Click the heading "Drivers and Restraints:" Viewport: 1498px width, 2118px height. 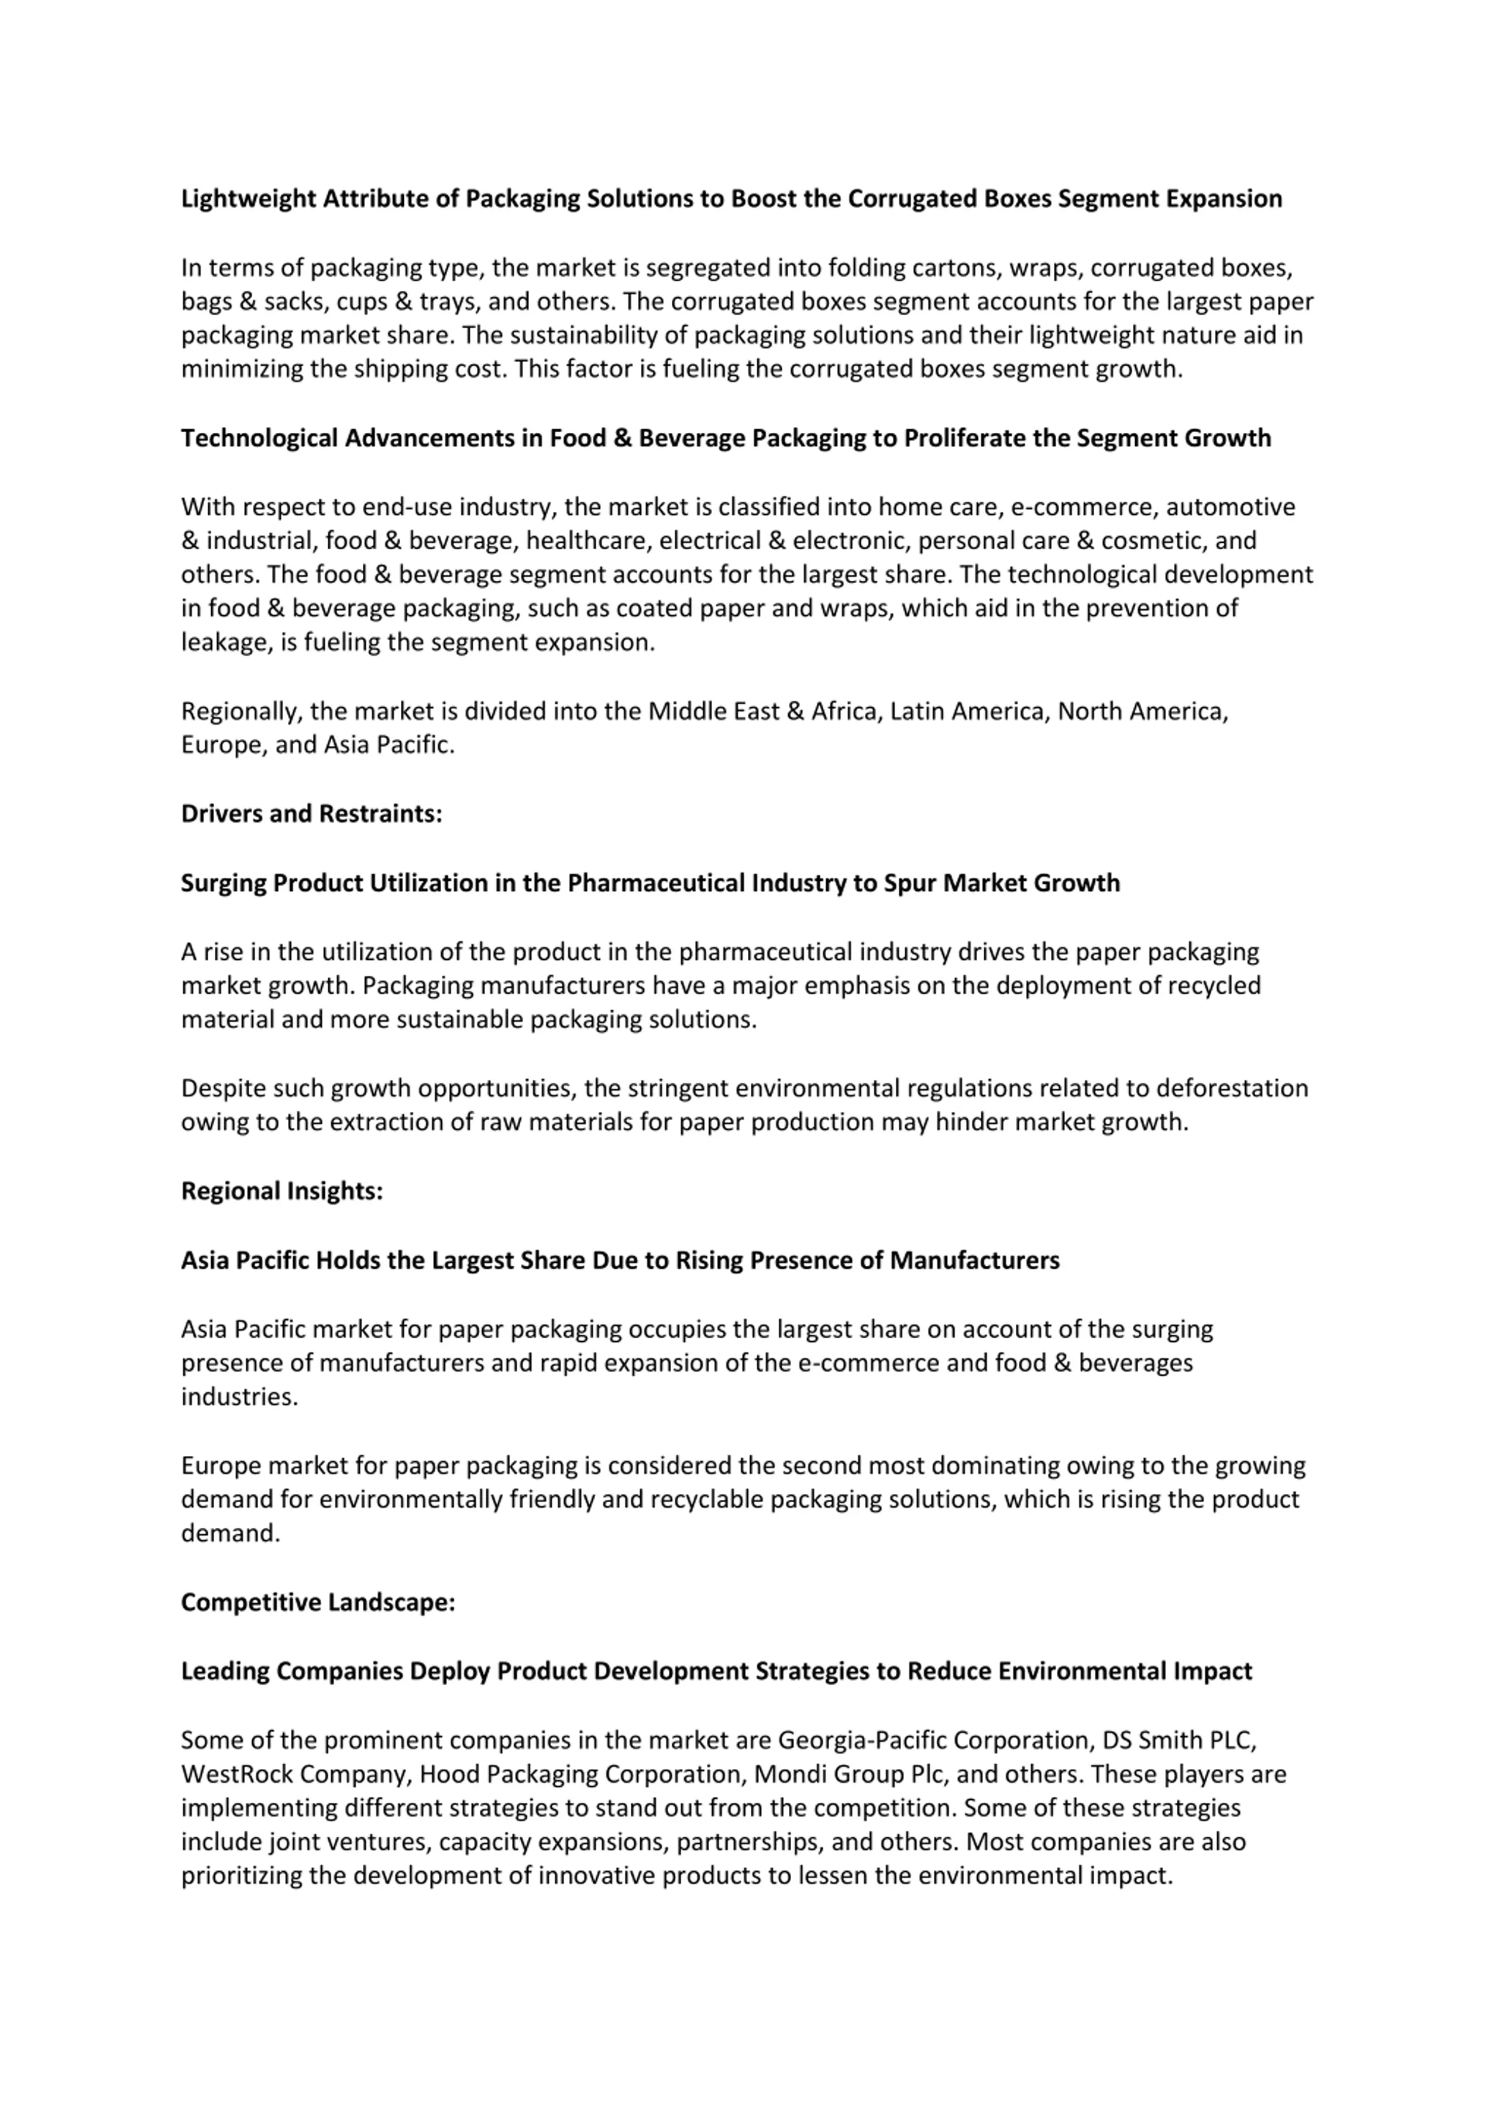pos(311,814)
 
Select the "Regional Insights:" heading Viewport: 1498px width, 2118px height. pos(281,1191)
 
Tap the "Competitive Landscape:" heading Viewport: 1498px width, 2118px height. pos(318,1602)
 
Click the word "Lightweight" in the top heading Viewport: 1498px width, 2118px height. pos(248,199)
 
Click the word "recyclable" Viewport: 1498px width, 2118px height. pos(707,1499)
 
